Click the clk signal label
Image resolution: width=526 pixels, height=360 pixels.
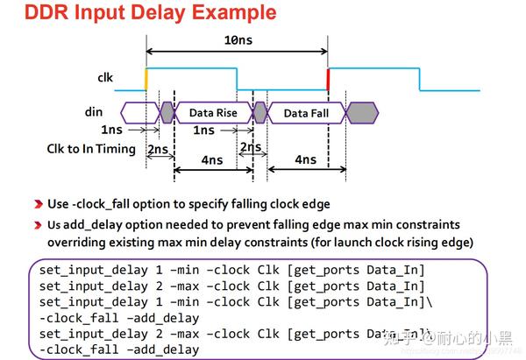[105, 77]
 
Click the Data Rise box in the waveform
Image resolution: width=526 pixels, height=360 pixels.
[213, 113]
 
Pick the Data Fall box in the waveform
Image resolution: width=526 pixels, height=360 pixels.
[307, 113]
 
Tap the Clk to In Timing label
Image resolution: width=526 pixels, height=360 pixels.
[91, 149]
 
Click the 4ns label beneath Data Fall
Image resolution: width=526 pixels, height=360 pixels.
[305, 159]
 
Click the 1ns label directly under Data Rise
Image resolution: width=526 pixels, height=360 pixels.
[203, 131]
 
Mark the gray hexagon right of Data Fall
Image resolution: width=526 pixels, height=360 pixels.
[361, 112]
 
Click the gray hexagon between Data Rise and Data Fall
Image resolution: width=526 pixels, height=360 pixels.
[259, 112]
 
